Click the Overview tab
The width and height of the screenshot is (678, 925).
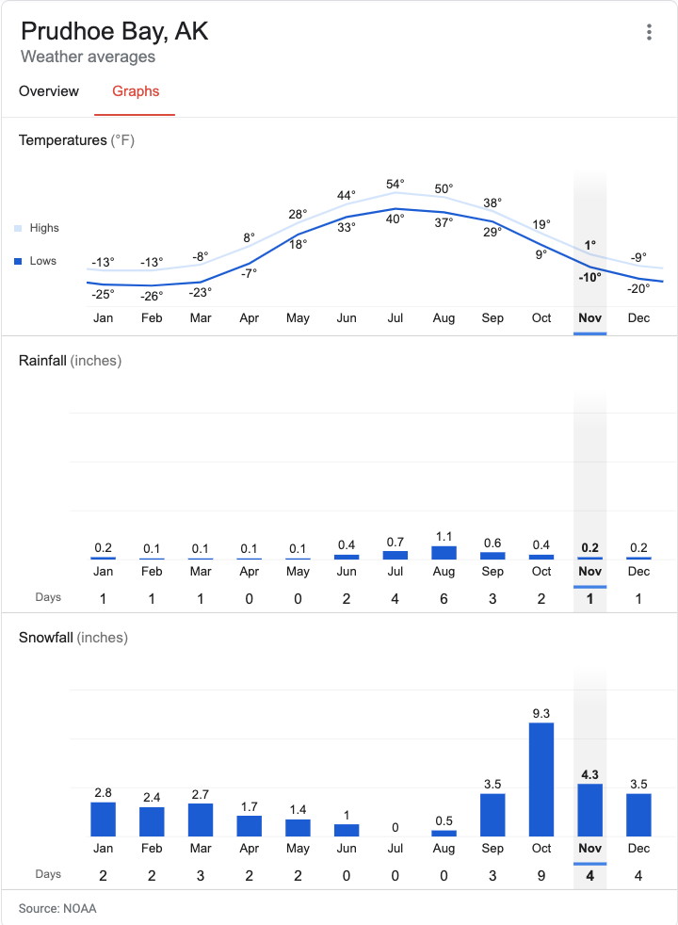49,91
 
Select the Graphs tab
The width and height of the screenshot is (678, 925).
136,91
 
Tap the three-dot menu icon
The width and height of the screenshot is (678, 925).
649,32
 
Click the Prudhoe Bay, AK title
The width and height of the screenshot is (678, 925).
115,31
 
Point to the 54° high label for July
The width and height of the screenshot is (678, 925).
395,184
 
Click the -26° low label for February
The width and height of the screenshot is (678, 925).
152,296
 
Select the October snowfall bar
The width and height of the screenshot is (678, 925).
541,779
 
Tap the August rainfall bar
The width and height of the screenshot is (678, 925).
444,553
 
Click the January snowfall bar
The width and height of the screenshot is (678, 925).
103,819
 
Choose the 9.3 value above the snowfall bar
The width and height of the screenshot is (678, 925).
541,714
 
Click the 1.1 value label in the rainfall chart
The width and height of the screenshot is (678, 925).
444,536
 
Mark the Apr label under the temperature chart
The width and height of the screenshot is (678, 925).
250,318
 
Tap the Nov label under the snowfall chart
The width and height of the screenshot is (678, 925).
590,848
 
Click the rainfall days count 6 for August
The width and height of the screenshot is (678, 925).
444,599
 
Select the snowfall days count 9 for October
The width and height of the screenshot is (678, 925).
541,875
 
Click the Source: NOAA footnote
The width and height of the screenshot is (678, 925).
57,908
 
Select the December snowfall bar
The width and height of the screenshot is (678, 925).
639,814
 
